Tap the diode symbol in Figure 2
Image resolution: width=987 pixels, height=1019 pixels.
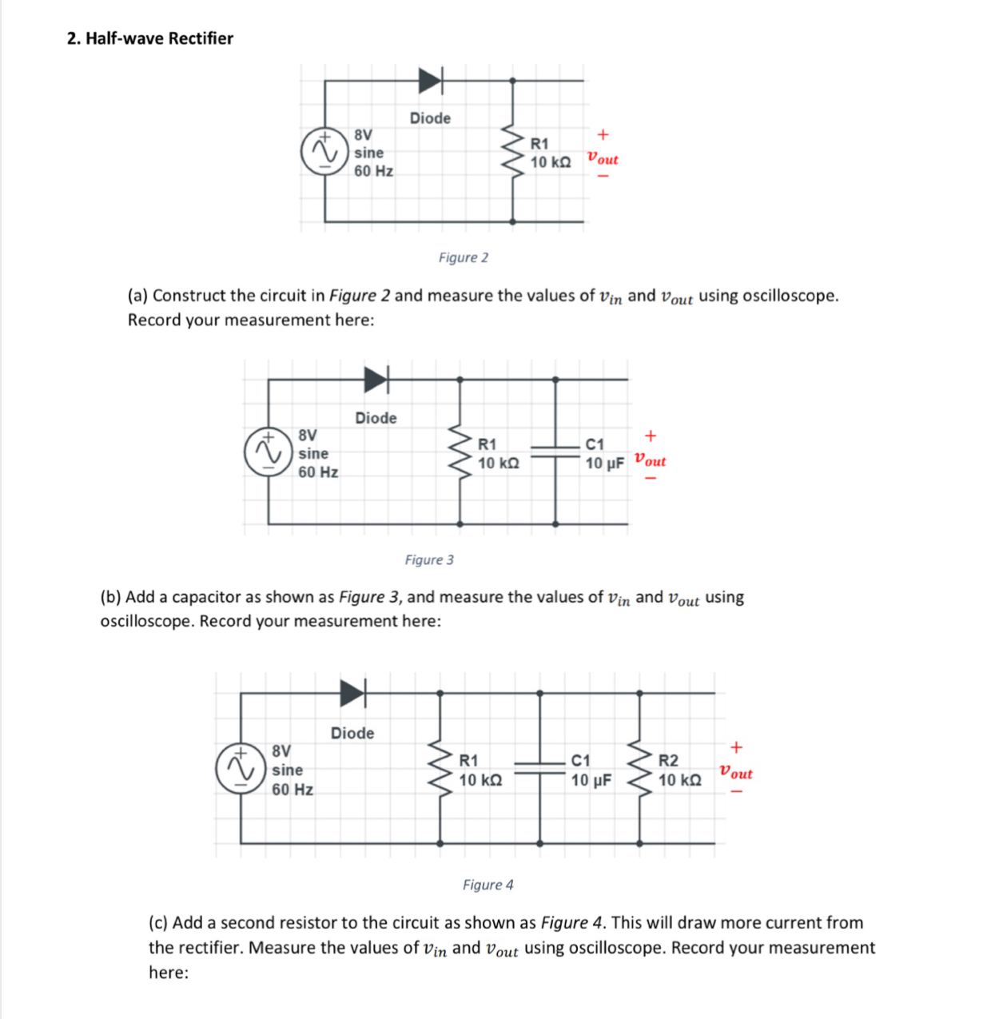click(x=430, y=80)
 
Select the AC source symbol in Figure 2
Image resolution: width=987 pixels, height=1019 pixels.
click(x=324, y=152)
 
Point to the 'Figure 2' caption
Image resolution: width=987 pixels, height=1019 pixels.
click(x=463, y=257)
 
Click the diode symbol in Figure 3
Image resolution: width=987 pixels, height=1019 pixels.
click(x=376, y=380)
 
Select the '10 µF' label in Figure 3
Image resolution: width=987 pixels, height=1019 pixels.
click(x=604, y=464)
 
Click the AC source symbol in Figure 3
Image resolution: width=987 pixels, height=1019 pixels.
click(x=267, y=452)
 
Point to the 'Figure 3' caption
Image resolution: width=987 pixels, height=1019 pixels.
click(x=429, y=559)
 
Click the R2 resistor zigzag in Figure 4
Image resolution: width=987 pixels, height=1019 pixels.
click(x=639, y=769)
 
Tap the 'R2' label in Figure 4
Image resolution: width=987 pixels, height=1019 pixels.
click(x=668, y=760)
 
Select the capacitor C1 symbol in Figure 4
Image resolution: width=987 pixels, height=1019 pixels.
click(x=540, y=768)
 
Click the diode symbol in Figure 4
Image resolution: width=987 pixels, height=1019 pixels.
click(x=352, y=693)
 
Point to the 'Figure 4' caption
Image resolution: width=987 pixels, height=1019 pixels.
click(x=488, y=885)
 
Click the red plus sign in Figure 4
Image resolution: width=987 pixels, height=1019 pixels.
click(x=736, y=747)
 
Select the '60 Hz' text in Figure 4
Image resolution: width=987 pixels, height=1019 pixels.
click(x=293, y=790)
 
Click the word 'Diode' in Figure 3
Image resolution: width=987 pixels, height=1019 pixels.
click(x=376, y=418)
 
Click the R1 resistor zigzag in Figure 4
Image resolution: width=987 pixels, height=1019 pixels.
click(x=440, y=769)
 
